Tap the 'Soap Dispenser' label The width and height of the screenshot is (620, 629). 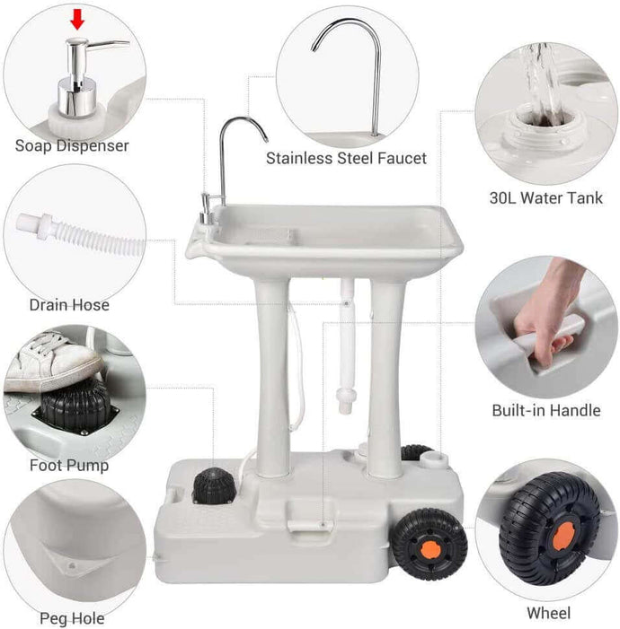(x=72, y=145)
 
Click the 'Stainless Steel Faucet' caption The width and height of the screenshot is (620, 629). (x=346, y=158)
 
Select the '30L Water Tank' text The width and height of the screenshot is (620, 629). (x=546, y=198)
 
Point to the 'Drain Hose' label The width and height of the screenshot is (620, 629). (x=69, y=305)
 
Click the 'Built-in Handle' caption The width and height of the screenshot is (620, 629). (x=545, y=410)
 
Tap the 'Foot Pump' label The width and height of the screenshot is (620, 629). (x=69, y=465)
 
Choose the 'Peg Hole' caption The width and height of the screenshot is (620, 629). (x=72, y=618)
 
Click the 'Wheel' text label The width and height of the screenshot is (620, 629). (x=547, y=614)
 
